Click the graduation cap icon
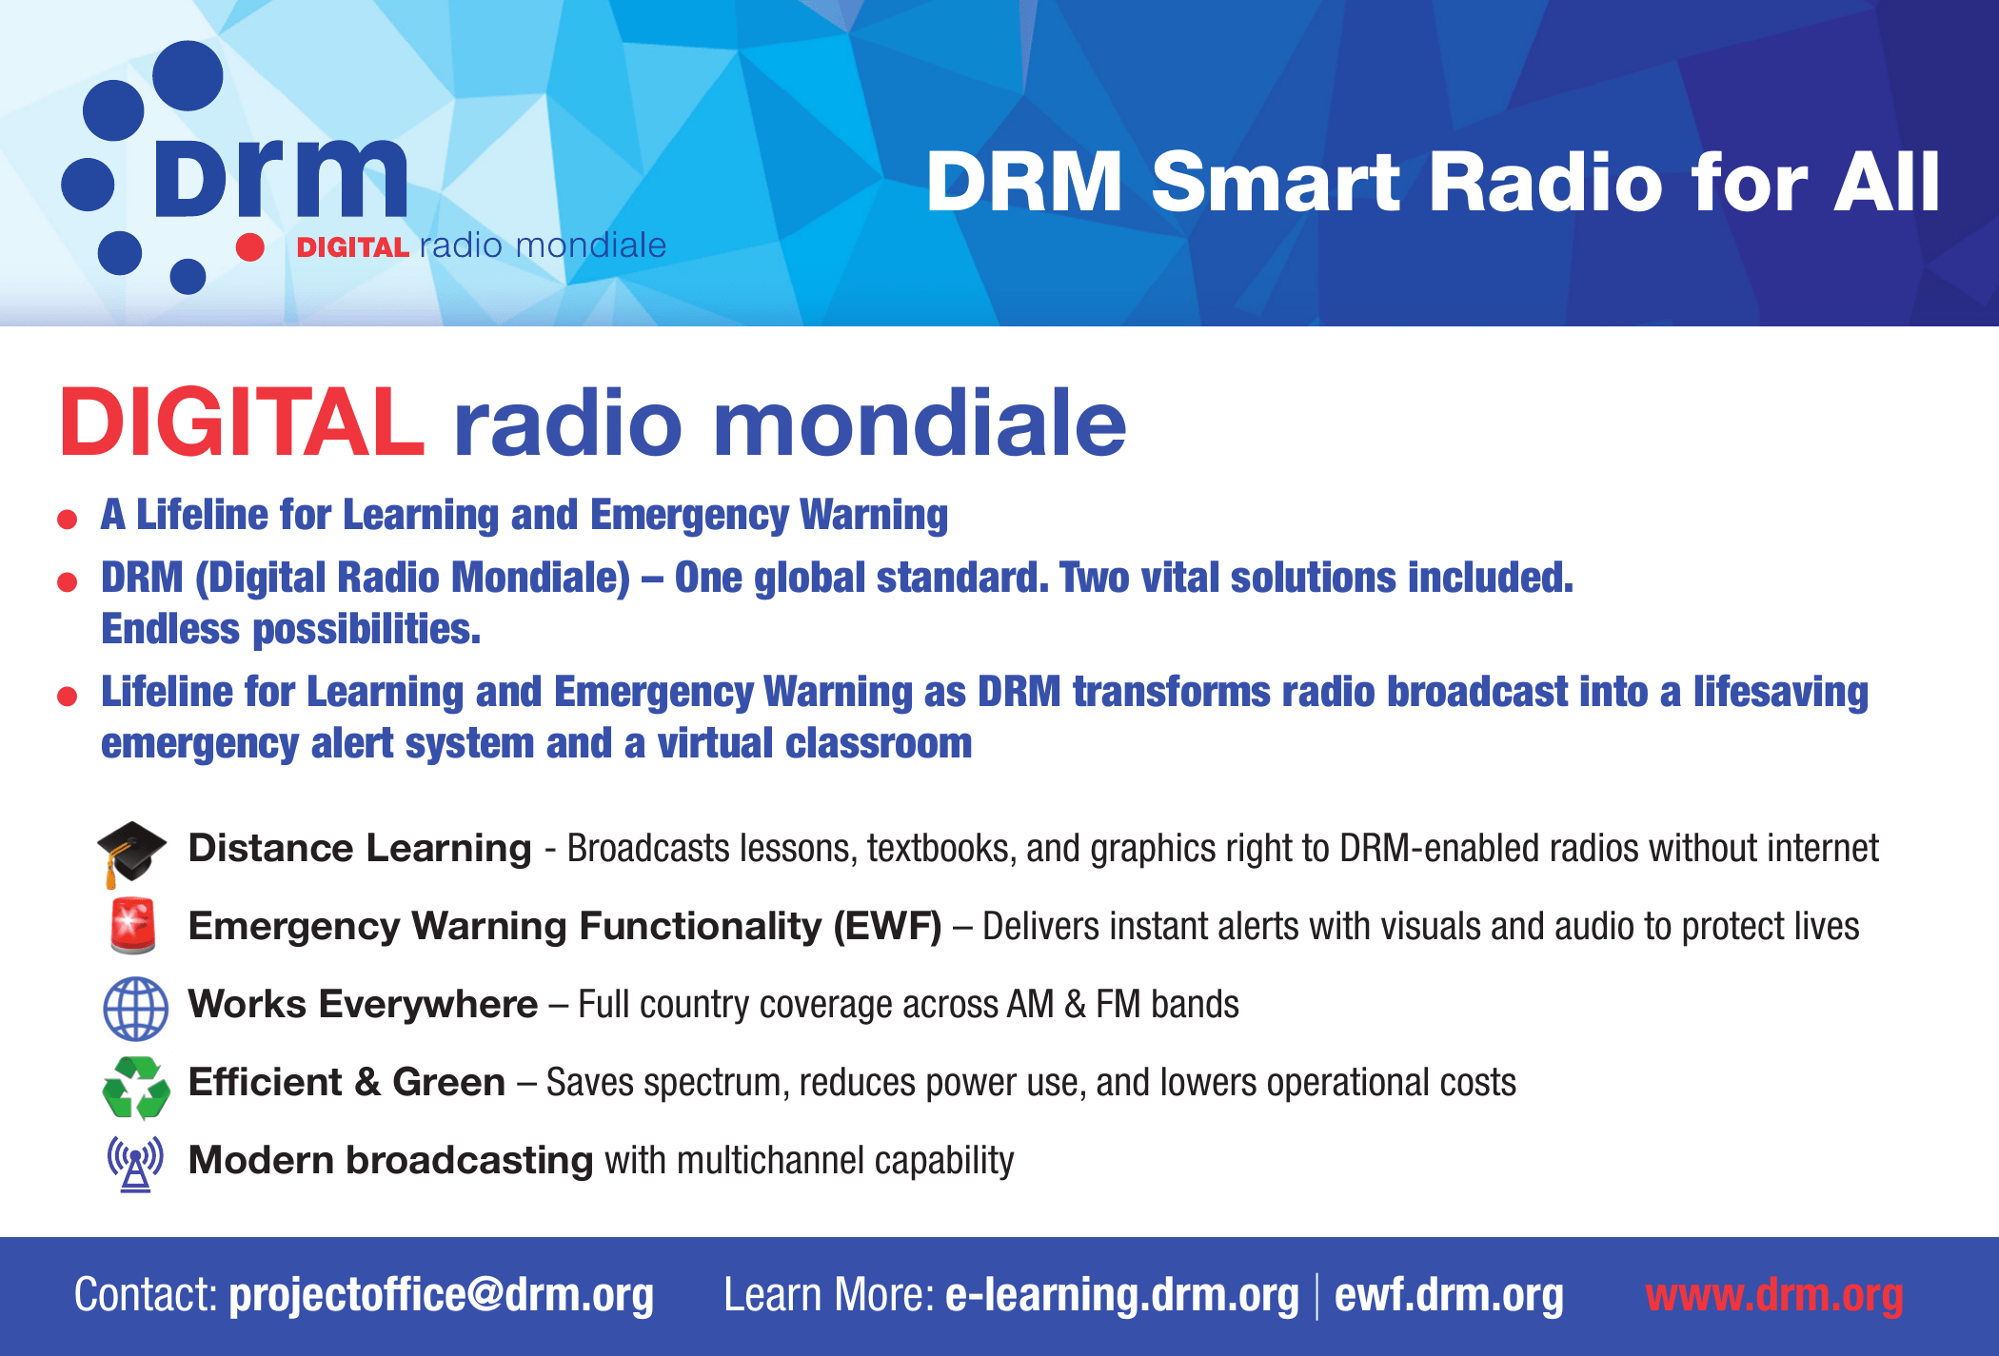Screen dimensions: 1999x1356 pyautogui.click(x=131, y=853)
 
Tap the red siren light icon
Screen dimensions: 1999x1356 pyautogui.click(x=132, y=925)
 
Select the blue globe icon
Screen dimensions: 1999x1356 pyautogui.click(x=135, y=1009)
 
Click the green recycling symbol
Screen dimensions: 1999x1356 pyautogui.click(x=136, y=1087)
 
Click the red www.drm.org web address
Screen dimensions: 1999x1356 pyautogui.click(x=1774, y=1295)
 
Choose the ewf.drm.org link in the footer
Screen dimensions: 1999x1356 pyautogui.click(x=1449, y=1295)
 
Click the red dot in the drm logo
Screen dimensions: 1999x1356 pyautogui.click(x=249, y=246)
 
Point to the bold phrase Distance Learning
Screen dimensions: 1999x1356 pyautogui.click(x=360, y=848)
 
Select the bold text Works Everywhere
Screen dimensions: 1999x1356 pyautogui.click(x=363, y=1004)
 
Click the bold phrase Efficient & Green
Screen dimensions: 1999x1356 pyautogui.click(x=346, y=1082)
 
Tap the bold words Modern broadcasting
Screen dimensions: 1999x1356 pyautogui.click(x=390, y=1160)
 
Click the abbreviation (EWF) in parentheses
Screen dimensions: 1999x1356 pyautogui.click(x=887, y=926)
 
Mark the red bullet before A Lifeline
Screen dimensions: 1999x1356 pyautogui.click(x=67, y=519)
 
